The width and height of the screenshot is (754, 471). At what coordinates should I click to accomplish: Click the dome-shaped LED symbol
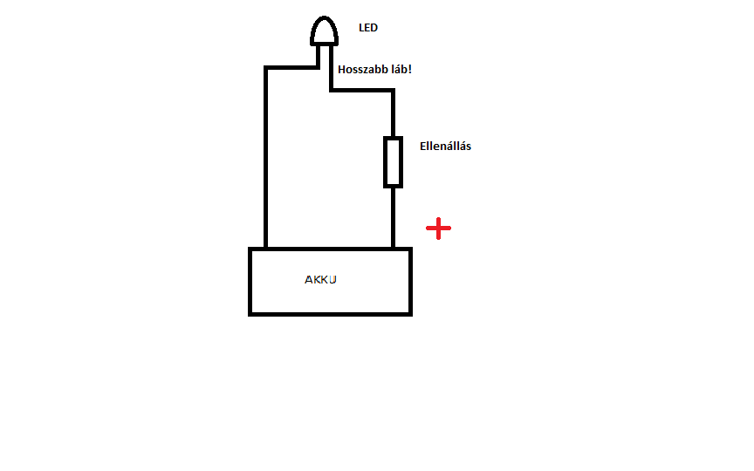click(325, 31)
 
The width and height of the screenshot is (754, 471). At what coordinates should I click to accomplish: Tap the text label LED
click(368, 28)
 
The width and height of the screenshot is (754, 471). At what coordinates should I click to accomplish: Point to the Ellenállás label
click(445, 147)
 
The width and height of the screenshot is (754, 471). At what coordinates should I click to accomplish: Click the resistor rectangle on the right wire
click(393, 162)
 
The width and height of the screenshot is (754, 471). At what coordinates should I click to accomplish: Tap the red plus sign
click(438, 229)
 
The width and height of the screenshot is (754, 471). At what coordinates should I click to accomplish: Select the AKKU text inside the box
click(320, 280)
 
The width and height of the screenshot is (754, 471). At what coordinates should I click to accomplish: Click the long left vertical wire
click(265, 157)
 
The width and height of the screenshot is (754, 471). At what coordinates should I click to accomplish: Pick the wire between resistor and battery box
click(393, 217)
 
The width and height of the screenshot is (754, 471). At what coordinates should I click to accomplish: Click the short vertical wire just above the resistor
click(393, 113)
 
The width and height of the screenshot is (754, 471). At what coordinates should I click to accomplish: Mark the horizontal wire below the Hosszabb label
click(361, 90)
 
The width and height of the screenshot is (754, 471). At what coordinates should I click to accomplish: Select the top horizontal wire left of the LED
click(291, 66)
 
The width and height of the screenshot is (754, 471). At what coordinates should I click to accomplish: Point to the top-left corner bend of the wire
click(265, 66)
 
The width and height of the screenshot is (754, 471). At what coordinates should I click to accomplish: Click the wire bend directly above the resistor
click(393, 90)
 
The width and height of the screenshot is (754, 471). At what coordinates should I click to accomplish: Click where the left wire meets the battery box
click(265, 249)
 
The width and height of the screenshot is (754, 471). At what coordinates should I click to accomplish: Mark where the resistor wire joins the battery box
click(393, 249)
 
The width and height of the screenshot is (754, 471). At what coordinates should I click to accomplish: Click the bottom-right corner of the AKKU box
click(409, 312)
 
